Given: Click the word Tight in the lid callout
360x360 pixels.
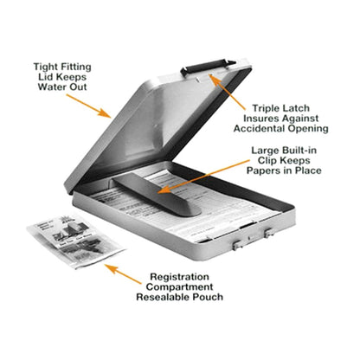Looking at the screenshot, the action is coord(45,67).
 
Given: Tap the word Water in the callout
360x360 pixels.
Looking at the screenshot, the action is coord(52,87).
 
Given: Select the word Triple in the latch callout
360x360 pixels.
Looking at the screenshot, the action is coord(265,108).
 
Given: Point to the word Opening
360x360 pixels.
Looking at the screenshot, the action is coord(305,129).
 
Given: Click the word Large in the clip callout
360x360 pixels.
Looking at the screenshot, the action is coord(265,151).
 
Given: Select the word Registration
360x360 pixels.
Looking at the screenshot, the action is coord(179,277).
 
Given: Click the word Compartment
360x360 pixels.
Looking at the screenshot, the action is coord(179,287).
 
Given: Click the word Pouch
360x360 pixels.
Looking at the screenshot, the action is coord(208,297).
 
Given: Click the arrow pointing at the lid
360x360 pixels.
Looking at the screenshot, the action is coord(88,106).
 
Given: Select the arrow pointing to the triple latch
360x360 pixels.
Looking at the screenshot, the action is coord(227,92).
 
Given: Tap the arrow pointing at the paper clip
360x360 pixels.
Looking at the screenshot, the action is coord(203,177).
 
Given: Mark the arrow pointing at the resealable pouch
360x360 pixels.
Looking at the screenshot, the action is coord(123,274).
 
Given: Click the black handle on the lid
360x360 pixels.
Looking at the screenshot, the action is coord(208,67).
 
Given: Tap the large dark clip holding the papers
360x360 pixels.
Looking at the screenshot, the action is coord(156,195).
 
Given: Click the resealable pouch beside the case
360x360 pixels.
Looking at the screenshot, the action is coord(75,241).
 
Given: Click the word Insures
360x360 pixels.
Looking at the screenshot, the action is coord(260,119).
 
